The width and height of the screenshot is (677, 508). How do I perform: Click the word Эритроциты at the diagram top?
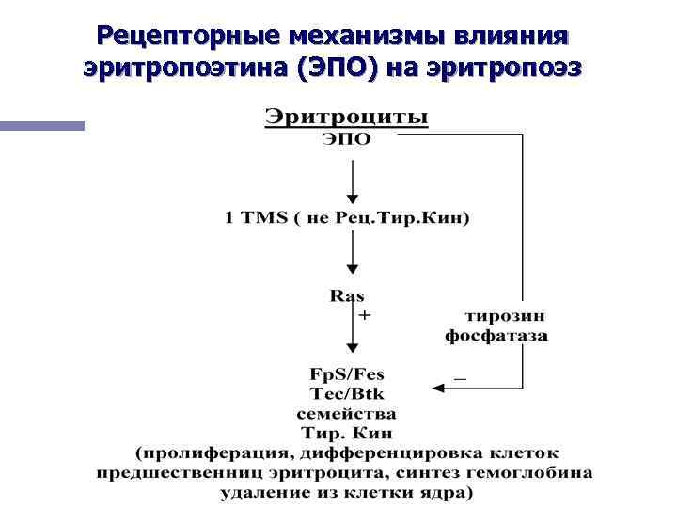click(x=346, y=119)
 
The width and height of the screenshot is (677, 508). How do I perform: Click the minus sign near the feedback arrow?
click(x=460, y=375)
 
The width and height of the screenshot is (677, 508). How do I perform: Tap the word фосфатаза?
click(x=496, y=335)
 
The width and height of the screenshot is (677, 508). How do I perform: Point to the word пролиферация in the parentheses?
click(x=199, y=452)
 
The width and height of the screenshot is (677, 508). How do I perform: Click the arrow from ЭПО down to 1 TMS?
click(x=352, y=180)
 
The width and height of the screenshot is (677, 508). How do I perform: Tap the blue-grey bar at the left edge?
click(x=41, y=125)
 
